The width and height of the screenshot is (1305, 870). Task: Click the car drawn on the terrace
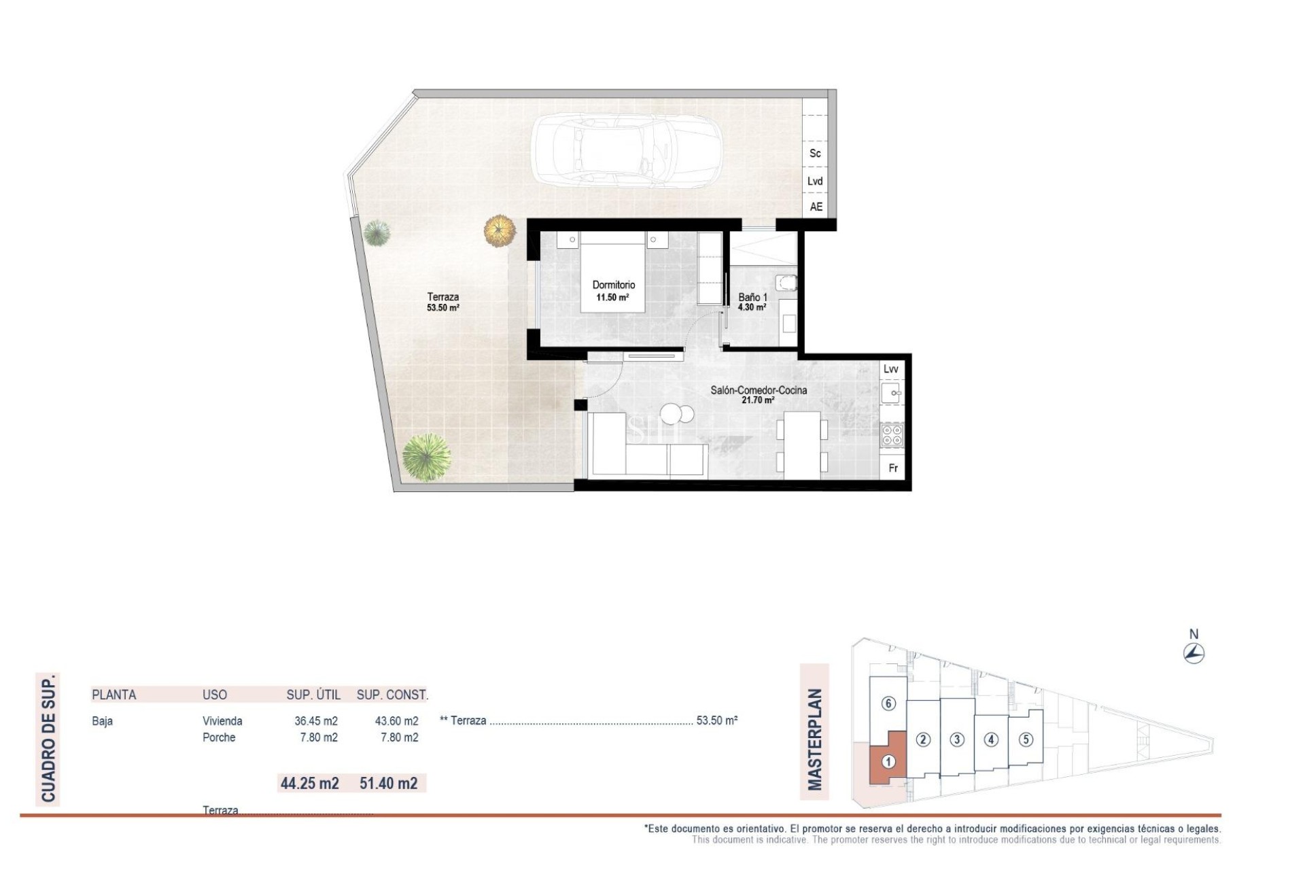pos(625,150)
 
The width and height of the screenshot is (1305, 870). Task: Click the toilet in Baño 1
pos(786,282)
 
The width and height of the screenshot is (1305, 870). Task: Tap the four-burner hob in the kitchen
pos(892,435)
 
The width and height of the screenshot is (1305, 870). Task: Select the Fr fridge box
pos(893,468)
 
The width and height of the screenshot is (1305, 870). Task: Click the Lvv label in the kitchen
pos(890,369)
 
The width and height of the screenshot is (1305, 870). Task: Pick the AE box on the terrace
pos(816,207)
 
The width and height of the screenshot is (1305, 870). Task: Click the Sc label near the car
pos(815,154)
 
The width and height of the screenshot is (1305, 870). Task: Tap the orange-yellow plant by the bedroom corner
pos(500,230)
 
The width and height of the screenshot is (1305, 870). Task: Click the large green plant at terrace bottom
pos(426,457)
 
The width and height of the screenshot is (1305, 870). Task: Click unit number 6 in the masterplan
pos(888,703)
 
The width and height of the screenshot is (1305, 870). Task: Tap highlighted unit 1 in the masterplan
pos(888,762)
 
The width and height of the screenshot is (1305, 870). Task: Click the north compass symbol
pos(1194,654)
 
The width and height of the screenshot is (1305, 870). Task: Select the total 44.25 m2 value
pos(310,783)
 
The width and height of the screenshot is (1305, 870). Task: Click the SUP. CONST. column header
pos(392,695)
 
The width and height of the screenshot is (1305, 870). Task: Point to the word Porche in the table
pos(219,737)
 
